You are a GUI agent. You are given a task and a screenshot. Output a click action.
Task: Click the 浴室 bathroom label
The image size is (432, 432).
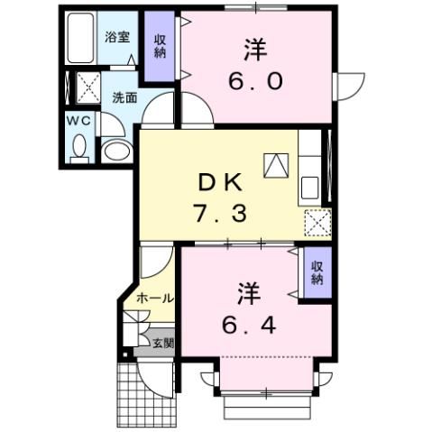pyautogui.click(x=117, y=37)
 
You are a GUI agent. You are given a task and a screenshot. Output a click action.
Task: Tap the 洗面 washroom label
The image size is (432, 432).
pyautogui.click(x=124, y=98)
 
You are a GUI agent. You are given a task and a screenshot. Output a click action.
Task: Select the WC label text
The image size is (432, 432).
pyautogui.click(x=78, y=118)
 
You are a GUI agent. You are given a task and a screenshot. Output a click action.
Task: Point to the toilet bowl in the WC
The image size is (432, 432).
pyautogui.click(x=78, y=147)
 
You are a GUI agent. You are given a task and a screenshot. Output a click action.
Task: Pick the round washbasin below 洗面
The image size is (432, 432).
pyautogui.click(x=115, y=150)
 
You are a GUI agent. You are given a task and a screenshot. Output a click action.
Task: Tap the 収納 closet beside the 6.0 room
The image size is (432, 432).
pyautogui.click(x=159, y=47)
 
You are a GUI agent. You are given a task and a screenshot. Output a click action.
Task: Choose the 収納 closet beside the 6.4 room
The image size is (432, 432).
pyautogui.click(x=317, y=272)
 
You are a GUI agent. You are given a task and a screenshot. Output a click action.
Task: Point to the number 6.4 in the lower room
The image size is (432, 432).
pyautogui.click(x=250, y=323)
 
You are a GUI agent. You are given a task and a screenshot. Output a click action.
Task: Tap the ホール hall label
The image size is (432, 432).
pyautogui.click(x=155, y=298)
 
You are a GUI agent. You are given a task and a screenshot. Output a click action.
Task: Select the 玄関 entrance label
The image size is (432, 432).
pyautogui.click(x=162, y=343)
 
